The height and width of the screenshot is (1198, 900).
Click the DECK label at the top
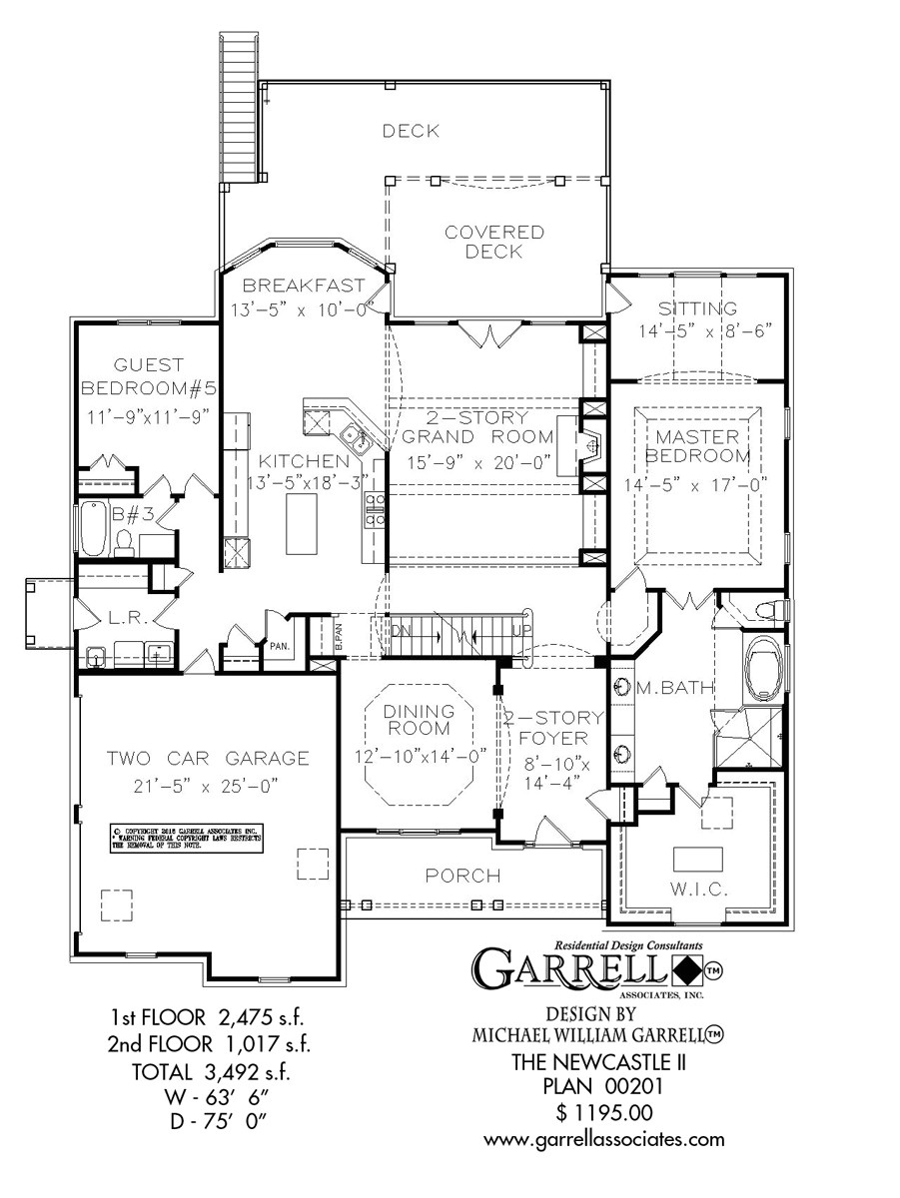click(411, 131)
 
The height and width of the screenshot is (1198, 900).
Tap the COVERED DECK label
click(494, 242)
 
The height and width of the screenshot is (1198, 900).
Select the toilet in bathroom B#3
click(125, 540)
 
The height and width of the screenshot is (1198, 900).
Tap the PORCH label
click(462, 876)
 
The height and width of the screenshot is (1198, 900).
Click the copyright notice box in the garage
click(185, 839)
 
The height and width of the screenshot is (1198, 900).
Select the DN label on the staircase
click(400, 631)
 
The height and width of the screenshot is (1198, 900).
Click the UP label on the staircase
click(517, 632)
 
